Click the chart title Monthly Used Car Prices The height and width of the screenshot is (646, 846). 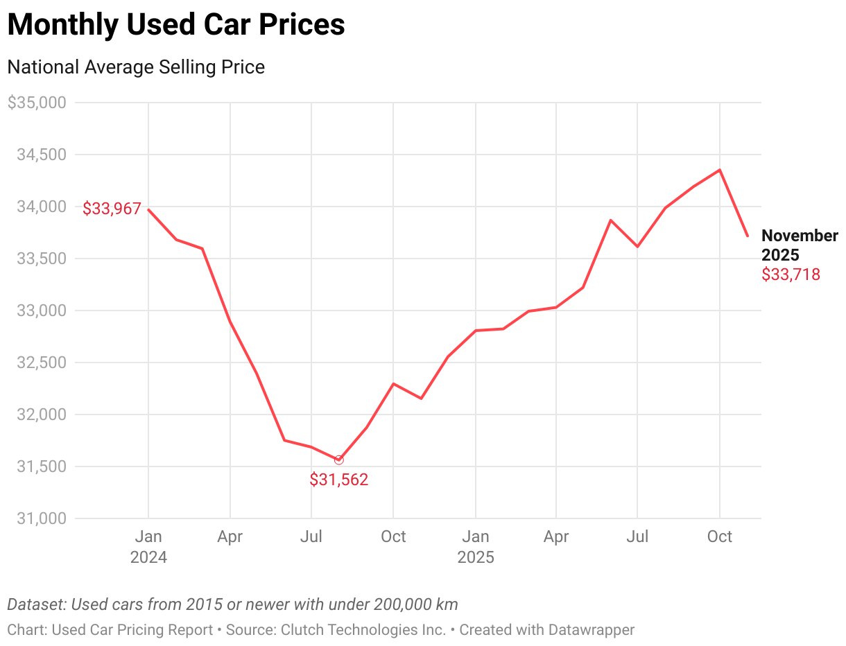pyautogui.click(x=176, y=25)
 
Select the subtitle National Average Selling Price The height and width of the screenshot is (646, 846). pyautogui.click(x=136, y=67)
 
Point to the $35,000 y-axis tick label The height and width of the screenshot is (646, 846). pyautogui.click(x=36, y=103)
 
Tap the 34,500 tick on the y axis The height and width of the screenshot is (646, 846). pyautogui.click(x=41, y=155)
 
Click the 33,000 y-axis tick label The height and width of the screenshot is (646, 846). pyautogui.click(x=41, y=311)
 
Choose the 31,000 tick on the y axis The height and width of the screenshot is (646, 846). pyautogui.click(x=41, y=518)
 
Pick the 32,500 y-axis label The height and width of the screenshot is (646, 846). pyautogui.click(x=41, y=363)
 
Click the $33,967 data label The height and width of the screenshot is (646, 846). pyautogui.click(x=112, y=209)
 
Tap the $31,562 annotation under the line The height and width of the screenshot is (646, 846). pyautogui.click(x=338, y=480)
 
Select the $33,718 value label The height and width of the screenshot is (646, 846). pyautogui.click(x=791, y=274)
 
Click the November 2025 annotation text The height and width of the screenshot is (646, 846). pyautogui.click(x=799, y=245)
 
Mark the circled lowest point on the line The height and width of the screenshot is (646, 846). pyautogui.click(x=338, y=460)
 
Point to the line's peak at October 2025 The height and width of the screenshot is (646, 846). pyautogui.click(x=720, y=170)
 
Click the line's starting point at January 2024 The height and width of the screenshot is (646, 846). pyautogui.click(x=148, y=209)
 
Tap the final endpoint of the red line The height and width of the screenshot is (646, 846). pyautogui.click(x=748, y=236)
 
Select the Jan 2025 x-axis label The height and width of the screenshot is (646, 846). pyautogui.click(x=475, y=546)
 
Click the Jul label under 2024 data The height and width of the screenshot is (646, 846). pyautogui.click(x=311, y=536)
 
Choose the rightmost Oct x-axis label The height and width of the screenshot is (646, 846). pyautogui.click(x=719, y=536)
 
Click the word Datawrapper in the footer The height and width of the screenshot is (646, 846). pyautogui.click(x=591, y=630)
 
